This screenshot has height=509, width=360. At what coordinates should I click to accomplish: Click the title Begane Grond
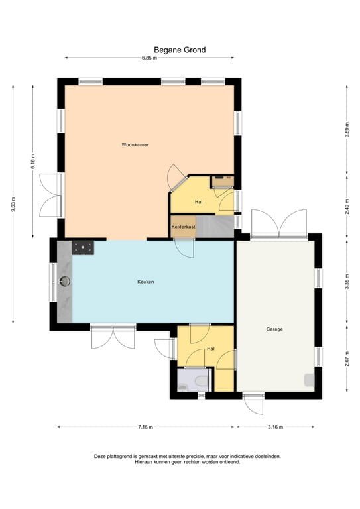[x=180, y=50]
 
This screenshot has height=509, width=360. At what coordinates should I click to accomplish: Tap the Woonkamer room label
[x=135, y=144]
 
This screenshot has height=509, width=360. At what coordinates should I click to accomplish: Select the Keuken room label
[x=146, y=282]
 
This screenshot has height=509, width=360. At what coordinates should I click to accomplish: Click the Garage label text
[x=275, y=329]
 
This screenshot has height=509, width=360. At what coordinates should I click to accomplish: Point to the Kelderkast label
[x=183, y=227]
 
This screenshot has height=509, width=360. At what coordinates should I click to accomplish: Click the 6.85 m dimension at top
[x=149, y=58]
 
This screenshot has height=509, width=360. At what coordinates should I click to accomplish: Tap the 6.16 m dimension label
[x=32, y=162]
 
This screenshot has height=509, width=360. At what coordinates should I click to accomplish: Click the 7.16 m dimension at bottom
[x=146, y=427]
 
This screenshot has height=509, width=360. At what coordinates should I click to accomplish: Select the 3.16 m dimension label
[x=275, y=427]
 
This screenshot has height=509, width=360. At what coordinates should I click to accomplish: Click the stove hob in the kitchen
[x=84, y=247]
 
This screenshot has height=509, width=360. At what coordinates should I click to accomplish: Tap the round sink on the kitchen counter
[x=65, y=281]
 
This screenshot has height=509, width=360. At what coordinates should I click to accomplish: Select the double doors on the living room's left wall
[x=50, y=196]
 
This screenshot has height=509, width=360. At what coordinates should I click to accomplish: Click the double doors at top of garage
[x=278, y=223]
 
